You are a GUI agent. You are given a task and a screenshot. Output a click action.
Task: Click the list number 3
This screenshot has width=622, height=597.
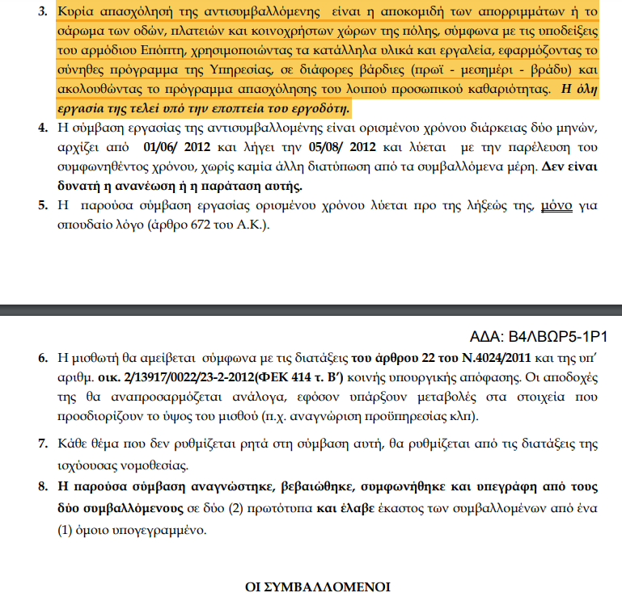pyautogui.click(x=44, y=12)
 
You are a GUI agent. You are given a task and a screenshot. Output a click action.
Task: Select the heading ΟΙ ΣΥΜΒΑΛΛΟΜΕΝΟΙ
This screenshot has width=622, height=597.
pyautogui.click(x=317, y=586)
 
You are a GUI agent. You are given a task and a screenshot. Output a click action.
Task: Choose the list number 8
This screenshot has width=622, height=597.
pyautogui.click(x=44, y=489)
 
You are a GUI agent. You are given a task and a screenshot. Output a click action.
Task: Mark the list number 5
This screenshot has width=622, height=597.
pyautogui.click(x=44, y=205)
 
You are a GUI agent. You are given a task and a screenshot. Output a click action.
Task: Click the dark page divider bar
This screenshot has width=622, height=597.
pyautogui.click(x=311, y=310)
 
